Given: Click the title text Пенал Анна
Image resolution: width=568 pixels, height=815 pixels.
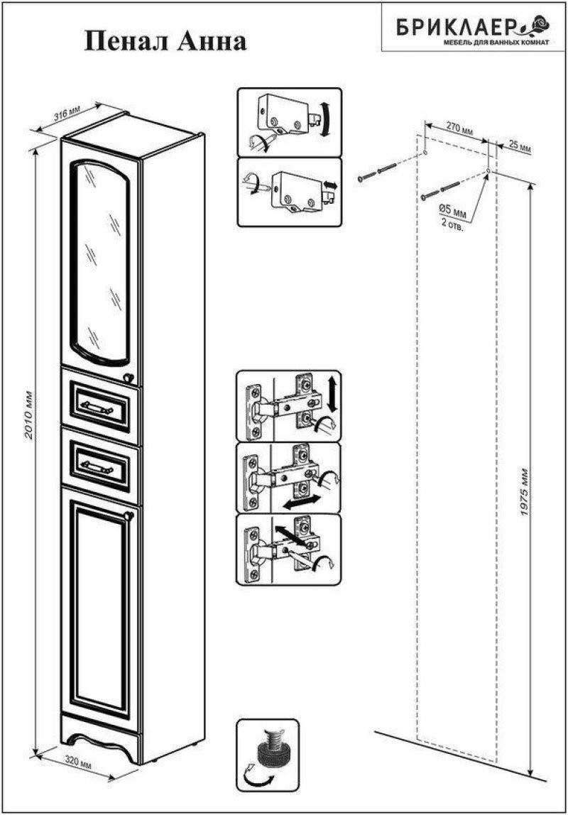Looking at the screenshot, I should (166, 41).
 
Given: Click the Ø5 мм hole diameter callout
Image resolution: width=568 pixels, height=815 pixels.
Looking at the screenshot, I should (452, 214).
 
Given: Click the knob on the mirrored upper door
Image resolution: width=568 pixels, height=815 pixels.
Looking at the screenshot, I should (129, 378).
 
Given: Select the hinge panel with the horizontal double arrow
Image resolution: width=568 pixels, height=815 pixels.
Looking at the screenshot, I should (289, 478).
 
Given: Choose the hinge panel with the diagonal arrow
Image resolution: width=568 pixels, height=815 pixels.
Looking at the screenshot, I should (289, 549).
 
